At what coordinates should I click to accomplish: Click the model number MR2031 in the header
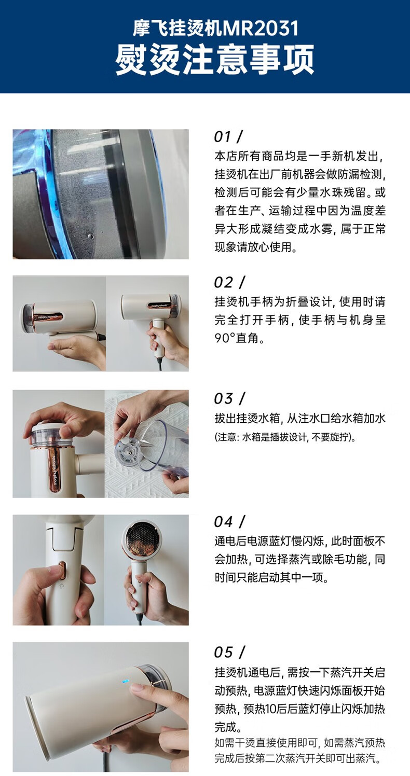261,28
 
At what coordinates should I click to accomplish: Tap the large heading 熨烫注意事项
214,59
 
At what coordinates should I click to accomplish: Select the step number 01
223,136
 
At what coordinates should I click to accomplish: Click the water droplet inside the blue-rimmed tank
91,237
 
